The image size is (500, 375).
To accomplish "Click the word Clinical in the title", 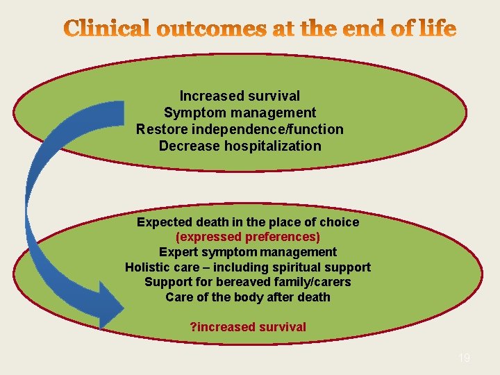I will [108, 29].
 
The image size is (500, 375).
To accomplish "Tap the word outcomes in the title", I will [212, 29].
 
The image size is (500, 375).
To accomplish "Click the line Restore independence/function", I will [240, 129].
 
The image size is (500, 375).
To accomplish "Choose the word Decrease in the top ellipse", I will [190, 146].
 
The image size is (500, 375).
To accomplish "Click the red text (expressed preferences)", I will [248, 237].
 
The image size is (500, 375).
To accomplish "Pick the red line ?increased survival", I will [248, 326].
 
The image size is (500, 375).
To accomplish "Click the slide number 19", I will [464, 358].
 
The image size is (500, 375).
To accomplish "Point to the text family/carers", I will [317, 282].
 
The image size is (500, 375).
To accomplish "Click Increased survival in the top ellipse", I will [240, 96].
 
